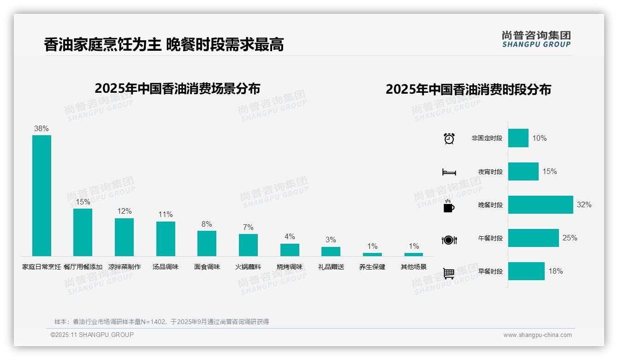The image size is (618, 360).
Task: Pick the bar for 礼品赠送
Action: (331, 252)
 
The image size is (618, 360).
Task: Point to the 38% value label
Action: (42, 129)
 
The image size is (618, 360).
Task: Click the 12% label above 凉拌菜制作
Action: (124, 211)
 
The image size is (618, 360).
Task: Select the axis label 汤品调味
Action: (166, 267)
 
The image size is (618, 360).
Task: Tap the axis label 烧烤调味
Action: (290, 267)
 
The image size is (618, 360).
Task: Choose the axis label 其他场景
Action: (414, 267)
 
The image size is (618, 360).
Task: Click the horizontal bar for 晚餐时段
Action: (541, 205)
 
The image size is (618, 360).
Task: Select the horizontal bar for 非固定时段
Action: (518, 138)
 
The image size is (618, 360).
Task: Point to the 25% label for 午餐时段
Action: (570, 238)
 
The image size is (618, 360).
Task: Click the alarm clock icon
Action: (449, 138)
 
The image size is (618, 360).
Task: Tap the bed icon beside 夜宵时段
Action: (449, 172)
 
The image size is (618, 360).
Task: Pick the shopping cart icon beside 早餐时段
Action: (449, 273)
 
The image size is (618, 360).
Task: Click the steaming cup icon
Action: (449, 206)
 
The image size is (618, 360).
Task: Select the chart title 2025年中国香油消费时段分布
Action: (468, 90)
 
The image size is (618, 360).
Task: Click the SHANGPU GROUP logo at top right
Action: (536, 39)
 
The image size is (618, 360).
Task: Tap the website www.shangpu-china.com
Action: (537, 335)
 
